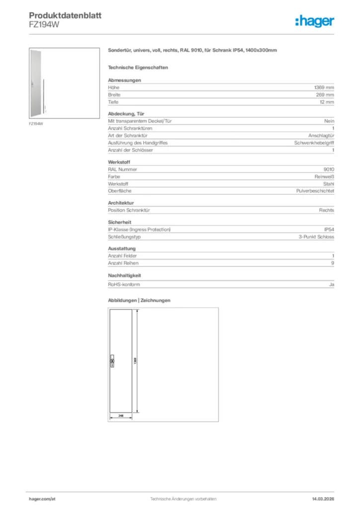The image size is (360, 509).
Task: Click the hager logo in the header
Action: click(314, 21)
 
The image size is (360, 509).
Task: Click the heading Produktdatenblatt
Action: click(65, 16)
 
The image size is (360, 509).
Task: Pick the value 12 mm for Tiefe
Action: click(326, 102)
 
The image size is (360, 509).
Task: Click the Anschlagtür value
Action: click(321, 136)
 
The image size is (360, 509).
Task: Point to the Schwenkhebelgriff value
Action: click(314, 143)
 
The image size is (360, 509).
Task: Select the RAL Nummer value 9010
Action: click(329, 170)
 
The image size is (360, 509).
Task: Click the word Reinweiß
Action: click(324, 176)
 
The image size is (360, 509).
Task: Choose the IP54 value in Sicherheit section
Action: click(329, 230)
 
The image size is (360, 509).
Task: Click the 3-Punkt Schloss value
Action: click(316, 237)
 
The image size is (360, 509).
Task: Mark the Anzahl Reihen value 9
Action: click(333, 263)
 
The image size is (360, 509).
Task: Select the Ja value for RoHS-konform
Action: click(332, 285)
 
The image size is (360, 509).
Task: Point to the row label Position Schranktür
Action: click(129, 210)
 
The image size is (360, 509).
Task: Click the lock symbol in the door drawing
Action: click(112, 362)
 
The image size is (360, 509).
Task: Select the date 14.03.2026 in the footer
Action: click(319, 499)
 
